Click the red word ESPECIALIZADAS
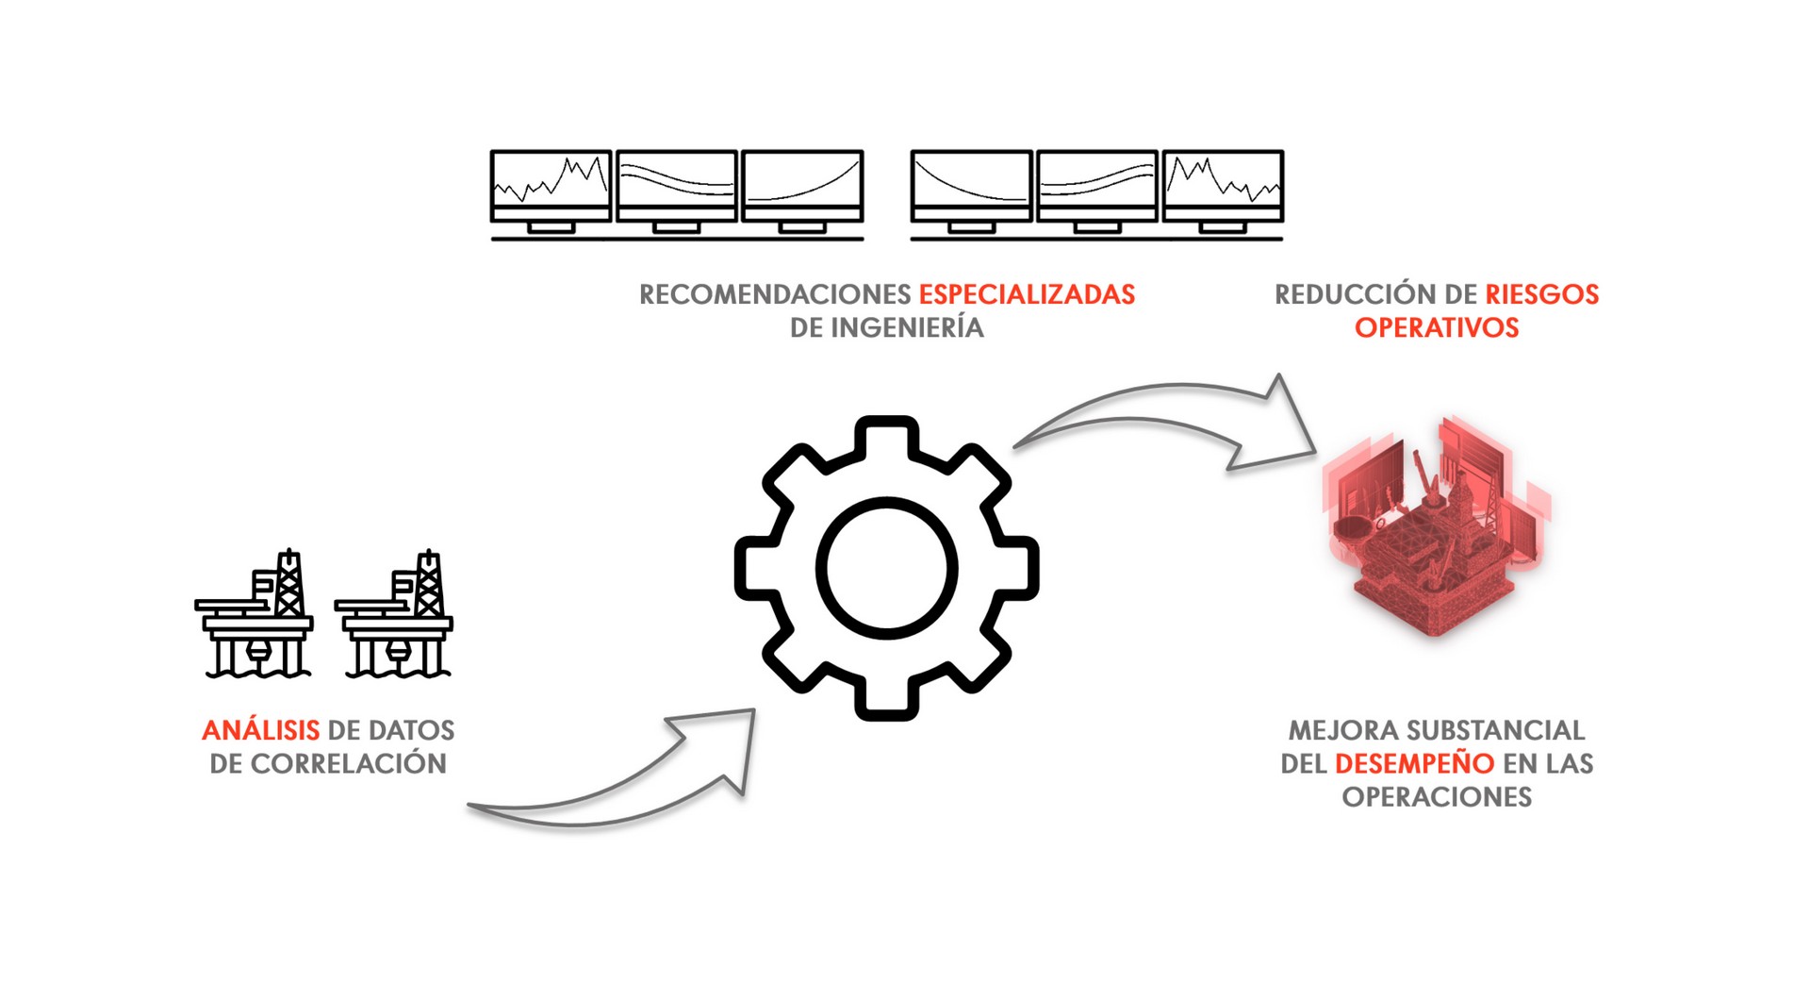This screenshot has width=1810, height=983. click(1027, 294)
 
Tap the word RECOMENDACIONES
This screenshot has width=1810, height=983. click(774, 294)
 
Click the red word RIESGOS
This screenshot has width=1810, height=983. click(1541, 294)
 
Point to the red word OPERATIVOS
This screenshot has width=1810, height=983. click(1437, 327)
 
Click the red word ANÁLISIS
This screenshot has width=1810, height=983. click(260, 730)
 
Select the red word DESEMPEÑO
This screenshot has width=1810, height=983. click(1414, 763)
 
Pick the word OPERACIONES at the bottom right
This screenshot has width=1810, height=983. click(1437, 797)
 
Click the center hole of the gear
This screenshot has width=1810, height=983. click(886, 568)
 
